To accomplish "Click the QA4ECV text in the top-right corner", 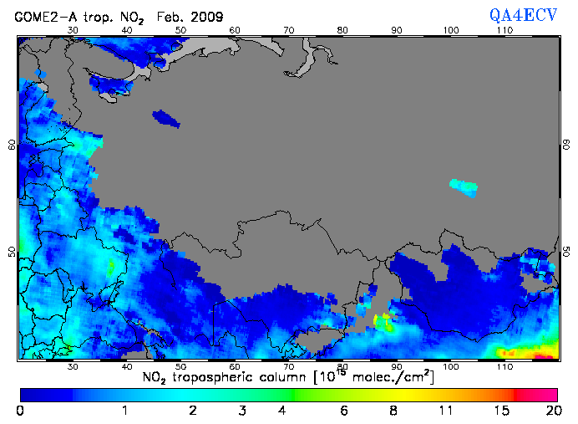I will click(x=530, y=14).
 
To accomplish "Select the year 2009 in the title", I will click(x=205, y=16).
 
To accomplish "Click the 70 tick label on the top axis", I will click(x=289, y=30).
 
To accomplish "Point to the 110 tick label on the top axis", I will click(x=504, y=30).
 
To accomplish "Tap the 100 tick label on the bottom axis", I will click(x=451, y=366).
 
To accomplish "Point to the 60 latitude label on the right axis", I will click(x=565, y=144).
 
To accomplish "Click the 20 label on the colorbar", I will click(x=550, y=411).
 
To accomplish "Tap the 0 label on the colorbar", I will click(x=20, y=411).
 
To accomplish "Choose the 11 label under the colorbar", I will click(x=446, y=411).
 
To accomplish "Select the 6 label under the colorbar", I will click(x=343, y=411).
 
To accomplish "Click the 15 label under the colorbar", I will click(x=500, y=411).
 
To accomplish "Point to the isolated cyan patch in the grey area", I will click(x=464, y=186).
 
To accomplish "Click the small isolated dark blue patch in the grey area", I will click(x=166, y=118).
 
